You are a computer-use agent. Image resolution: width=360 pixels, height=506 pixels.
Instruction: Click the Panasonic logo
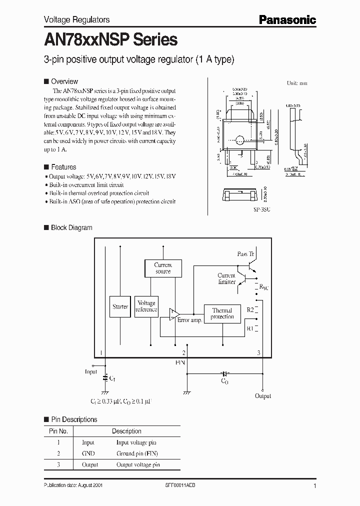(287, 19)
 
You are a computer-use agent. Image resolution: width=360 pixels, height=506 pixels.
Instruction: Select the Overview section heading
(64, 81)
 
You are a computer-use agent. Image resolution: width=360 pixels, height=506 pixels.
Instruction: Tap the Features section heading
(63, 167)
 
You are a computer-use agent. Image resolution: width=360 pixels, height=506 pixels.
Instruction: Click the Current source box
(163, 268)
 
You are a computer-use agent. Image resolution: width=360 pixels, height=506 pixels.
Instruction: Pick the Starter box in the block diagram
(120, 306)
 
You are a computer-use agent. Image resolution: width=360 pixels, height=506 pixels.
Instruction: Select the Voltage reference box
(146, 306)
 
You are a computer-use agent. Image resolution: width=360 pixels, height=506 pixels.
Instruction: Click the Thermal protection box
(222, 313)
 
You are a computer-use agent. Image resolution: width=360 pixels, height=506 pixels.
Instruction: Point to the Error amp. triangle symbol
(173, 313)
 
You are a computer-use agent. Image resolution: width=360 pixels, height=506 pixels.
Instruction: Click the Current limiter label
(226, 278)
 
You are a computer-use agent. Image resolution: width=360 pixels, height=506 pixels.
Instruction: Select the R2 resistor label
(250, 310)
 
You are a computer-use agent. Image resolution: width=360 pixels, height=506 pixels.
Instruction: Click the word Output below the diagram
(263, 395)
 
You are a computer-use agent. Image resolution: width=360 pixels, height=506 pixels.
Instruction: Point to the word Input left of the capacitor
(91, 371)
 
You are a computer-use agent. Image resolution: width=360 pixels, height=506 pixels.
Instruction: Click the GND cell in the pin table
(88, 453)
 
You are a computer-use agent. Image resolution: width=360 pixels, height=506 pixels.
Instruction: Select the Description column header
(126, 431)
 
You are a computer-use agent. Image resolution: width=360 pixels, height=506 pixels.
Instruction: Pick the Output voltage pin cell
(138, 465)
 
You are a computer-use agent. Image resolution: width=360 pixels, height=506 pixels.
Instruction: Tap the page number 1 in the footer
(314, 486)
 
